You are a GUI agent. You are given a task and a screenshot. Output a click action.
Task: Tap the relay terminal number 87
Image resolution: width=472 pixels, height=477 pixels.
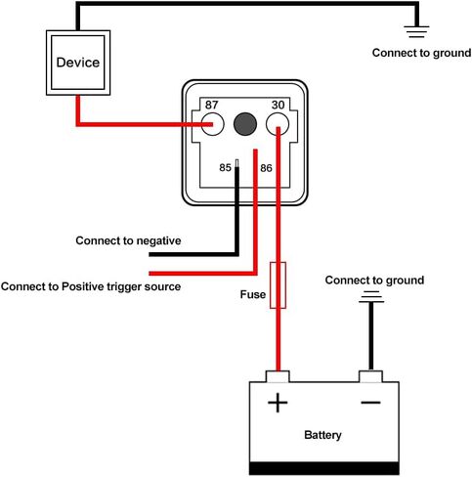(x=211, y=105)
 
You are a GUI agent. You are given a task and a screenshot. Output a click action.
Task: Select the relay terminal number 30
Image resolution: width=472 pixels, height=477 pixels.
(x=278, y=105)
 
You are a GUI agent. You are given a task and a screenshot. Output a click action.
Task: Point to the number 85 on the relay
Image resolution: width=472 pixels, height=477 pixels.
(x=225, y=167)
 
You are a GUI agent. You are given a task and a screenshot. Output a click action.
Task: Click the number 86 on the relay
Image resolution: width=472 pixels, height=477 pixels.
(x=266, y=168)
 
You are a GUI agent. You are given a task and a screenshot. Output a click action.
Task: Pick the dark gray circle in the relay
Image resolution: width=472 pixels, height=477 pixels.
(x=245, y=124)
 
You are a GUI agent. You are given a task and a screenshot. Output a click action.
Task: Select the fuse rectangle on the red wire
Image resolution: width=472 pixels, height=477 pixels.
(x=271, y=285)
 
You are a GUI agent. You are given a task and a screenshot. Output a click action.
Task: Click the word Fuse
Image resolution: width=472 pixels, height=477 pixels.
(x=253, y=294)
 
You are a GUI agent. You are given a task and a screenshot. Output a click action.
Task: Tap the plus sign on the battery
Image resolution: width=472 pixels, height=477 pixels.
(x=278, y=403)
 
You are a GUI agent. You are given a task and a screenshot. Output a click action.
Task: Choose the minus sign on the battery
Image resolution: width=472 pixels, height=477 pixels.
(x=370, y=403)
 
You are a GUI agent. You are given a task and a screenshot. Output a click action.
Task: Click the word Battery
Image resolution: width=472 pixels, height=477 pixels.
(x=322, y=435)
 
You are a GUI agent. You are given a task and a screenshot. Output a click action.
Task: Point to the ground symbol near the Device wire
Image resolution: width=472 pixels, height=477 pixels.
(x=416, y=31)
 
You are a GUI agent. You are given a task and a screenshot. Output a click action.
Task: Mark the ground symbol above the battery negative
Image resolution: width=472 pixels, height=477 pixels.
(x=371, y=297)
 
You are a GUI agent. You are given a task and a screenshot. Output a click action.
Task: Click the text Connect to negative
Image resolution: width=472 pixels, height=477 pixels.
(x=128, y=240)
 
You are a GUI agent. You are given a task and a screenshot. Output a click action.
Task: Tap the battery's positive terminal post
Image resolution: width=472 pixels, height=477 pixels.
(x=278, y=376)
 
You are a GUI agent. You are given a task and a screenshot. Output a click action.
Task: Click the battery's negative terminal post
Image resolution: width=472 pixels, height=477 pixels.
(x=370, y=376)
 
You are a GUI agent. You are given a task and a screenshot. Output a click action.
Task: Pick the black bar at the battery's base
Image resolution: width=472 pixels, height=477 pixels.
(x=324, y=468)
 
